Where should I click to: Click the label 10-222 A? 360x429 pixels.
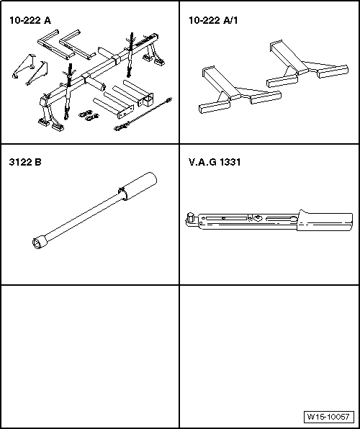tap(30, 21)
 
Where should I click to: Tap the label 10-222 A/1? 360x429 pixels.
tap(213, 20)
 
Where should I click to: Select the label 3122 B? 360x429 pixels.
tap(25, 162)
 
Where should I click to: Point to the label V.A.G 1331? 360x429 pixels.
tap(215, 162)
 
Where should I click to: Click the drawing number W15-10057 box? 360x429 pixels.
tap(329, 417)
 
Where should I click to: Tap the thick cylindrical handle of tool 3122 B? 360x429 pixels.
tap(139, 186)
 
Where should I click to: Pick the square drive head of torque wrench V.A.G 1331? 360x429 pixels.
tap(190, 219)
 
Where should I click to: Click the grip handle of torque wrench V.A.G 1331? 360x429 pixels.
tap(325, 220)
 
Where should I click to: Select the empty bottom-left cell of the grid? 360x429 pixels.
tap(90, 356)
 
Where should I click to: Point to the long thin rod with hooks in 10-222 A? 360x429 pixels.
tap(143, 114)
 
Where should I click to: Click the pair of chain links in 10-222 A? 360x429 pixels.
tap(89, 115)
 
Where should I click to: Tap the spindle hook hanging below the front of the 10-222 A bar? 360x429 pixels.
tap(68, 93)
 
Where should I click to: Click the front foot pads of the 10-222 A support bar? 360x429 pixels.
tap(51, 125)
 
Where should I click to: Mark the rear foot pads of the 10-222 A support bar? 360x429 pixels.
tap(153, 60)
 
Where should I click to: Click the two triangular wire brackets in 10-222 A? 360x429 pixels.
tap(30, 70)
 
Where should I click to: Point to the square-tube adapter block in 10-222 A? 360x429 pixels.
tap(145, 100)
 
